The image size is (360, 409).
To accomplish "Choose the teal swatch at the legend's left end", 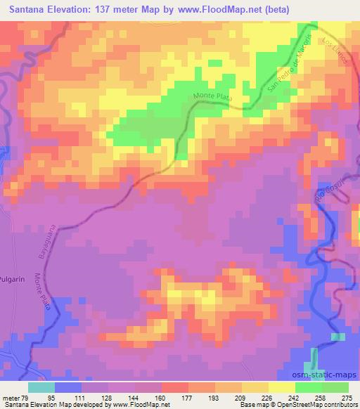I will point(41,387).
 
